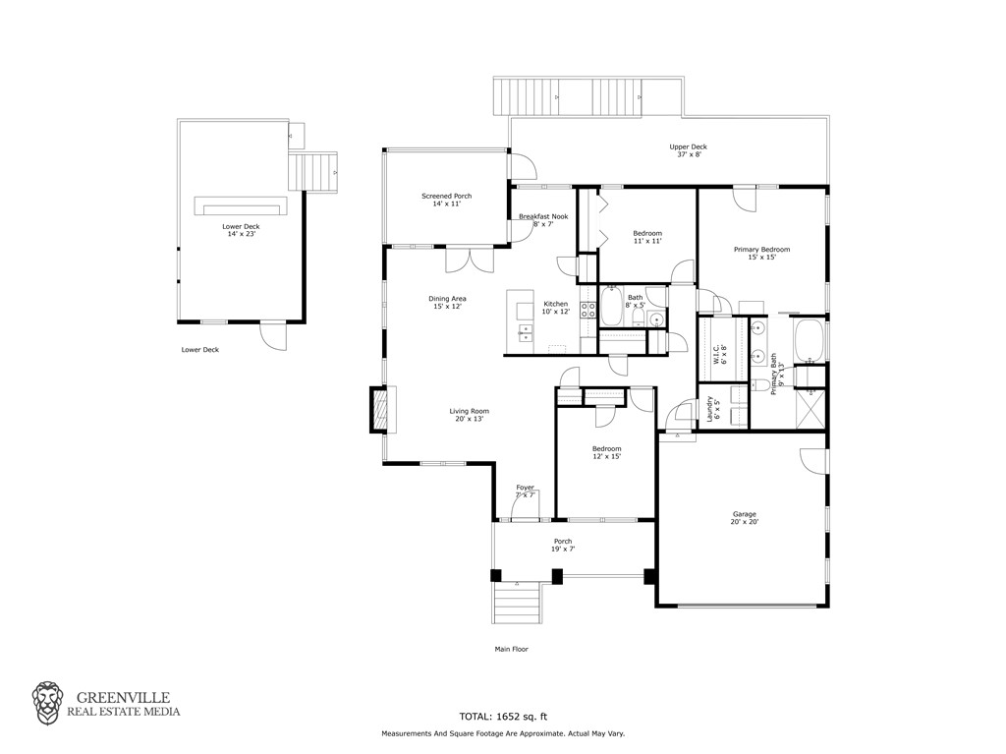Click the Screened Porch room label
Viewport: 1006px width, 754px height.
click(447, 200)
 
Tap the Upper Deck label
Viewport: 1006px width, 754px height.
click(689, 150)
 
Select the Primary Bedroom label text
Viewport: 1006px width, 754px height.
click(762, 253)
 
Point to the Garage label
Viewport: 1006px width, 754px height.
click(745, 518)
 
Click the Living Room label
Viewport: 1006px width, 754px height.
click(469, 415)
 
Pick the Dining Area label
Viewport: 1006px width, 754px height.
click(447, 303)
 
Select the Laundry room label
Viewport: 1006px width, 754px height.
click(713, 409)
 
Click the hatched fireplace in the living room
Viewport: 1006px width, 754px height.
click(378, 409)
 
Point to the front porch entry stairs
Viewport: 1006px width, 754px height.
click(517, 602)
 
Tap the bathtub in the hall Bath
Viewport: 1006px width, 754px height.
click(610, 306)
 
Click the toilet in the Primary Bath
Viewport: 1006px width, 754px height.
click(759, 384)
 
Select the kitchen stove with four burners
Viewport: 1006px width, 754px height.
click(587, 311)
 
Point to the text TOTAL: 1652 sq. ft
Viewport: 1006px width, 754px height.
click(503, 717)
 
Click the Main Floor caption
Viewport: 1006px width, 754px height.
click(511, 650)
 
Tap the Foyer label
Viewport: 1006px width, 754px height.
click(525, 492)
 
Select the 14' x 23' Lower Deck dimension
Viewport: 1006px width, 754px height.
click(242, 234)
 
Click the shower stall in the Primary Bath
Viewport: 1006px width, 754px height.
click(810, 409)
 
